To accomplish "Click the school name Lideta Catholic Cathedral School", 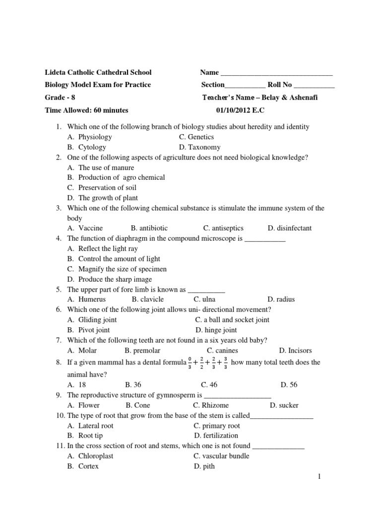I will click(98, 72).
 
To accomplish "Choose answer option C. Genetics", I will click(196, 137).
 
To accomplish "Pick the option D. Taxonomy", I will click(199, 147).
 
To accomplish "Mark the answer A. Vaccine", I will click(85, 228).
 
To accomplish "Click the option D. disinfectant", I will click(290, 228).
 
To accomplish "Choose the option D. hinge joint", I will click(216, 330).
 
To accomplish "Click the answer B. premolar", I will click(142, 351).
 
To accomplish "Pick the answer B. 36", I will click(133, 384).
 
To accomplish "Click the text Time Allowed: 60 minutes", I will click(87, 110).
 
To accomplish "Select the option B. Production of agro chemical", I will click(116, 177).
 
